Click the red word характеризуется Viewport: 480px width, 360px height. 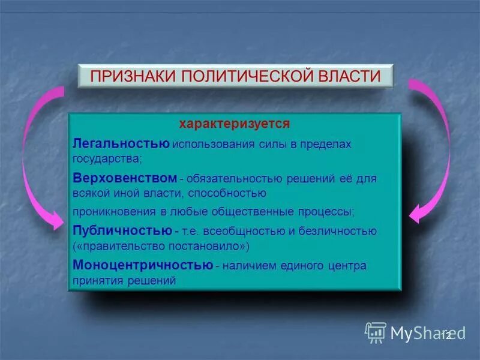pos(235,124)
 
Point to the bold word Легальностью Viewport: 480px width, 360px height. pos(121,144)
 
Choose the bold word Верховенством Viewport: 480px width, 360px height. pos(125,178)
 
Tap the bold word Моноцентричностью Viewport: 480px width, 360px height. pos(143,265)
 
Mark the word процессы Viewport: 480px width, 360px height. pos(329,212)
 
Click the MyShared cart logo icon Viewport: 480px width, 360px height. pos(375,332)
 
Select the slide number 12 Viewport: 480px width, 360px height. pos(446,335)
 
